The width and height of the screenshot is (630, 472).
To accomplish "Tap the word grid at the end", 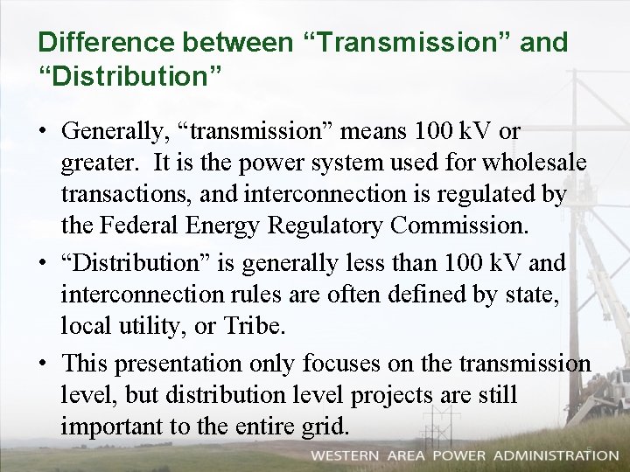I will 327,427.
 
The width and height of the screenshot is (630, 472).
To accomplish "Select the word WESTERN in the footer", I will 345,455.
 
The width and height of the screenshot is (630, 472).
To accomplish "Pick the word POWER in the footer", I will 455,455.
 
